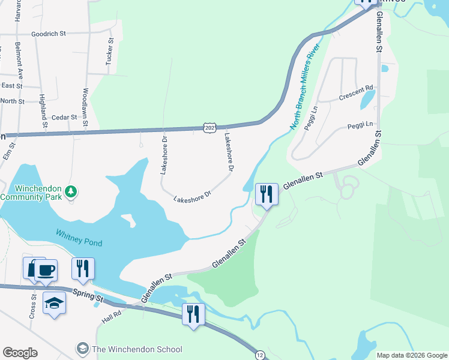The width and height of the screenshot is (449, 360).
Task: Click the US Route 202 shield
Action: click(x=209, y=128)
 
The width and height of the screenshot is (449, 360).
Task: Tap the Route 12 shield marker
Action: click(x=259, y=355)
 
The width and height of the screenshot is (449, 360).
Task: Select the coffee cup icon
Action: click(x=46, y=269)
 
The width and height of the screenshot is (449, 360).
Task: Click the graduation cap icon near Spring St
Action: click(x=55, y=303)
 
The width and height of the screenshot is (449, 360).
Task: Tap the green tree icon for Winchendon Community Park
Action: click(x=71, y=191)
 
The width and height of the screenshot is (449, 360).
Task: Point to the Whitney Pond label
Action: click(x=79, y=238)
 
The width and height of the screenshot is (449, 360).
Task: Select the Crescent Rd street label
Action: click(x=356, y=92)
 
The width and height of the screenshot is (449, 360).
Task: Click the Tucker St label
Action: click(x=110, y=56)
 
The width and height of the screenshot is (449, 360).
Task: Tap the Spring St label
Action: click(x=88, y=295)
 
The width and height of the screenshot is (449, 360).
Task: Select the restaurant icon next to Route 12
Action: click(x=193, y=314)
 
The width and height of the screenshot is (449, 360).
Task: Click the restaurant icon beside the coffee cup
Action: click(x=83, y=268)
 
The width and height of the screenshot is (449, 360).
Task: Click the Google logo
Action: click(x=20, y=353)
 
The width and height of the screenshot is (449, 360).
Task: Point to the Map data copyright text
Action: click(x=411, y=355)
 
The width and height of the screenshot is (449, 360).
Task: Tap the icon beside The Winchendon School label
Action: click(x=82, y=349)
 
